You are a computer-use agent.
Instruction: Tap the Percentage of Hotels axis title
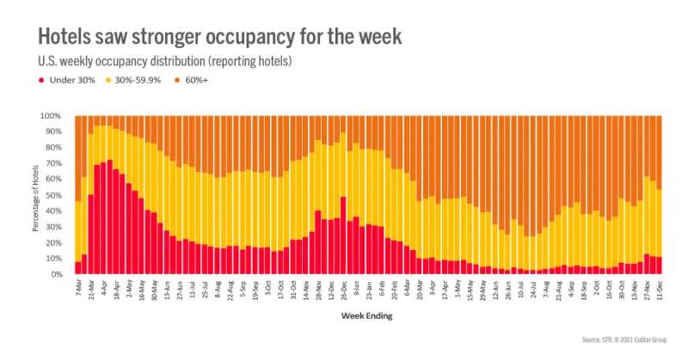tap(35, 195)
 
